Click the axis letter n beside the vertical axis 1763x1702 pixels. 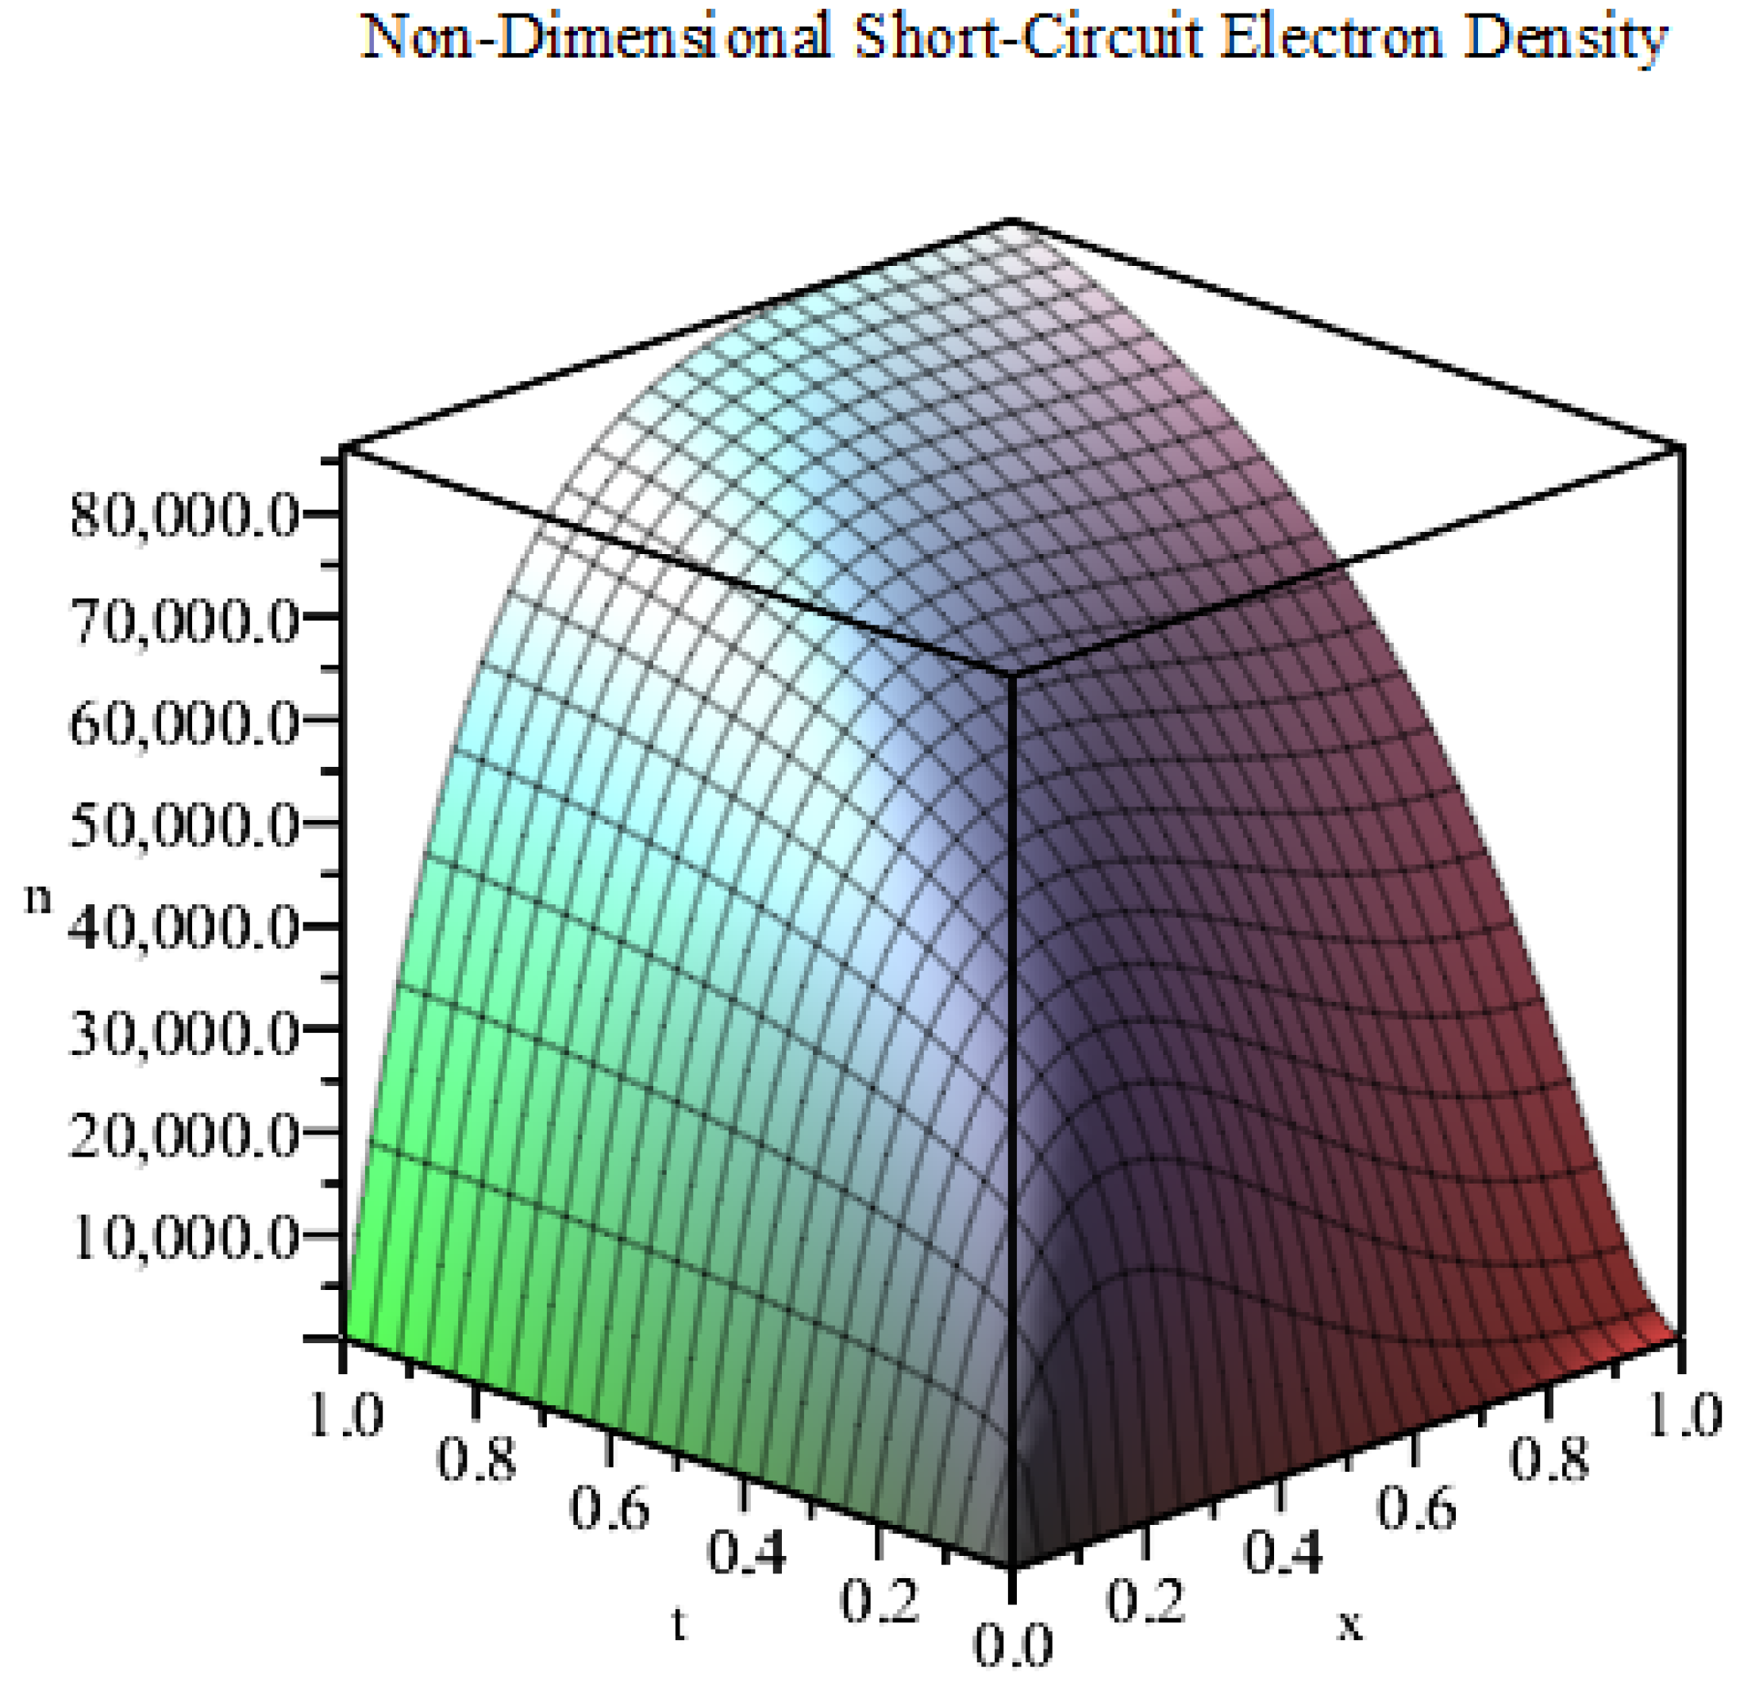(x=38, y=899)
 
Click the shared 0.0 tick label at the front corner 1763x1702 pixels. (x=1013, y=1644)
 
